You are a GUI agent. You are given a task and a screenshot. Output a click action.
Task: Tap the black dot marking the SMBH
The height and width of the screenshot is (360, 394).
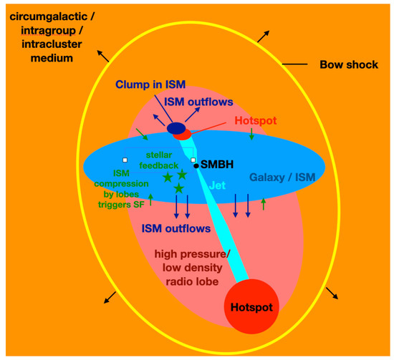coord(196,165)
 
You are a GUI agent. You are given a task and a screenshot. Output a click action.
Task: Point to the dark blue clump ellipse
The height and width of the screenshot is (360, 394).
coord(176,128)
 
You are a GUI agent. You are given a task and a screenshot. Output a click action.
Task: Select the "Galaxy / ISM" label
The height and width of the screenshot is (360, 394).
coord(282,177)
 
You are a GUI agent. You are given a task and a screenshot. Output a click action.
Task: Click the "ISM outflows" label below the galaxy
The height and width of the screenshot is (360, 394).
coord(176,229)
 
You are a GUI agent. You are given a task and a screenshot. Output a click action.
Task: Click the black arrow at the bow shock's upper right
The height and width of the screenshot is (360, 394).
coord(265,34)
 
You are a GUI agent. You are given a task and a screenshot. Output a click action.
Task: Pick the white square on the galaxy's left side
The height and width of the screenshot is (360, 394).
coord(125,160)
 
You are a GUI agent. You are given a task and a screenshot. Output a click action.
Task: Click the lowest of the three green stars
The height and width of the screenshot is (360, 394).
coord(178,188)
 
